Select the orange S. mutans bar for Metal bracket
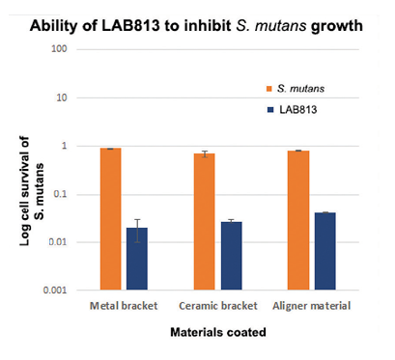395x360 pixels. pos(111,219)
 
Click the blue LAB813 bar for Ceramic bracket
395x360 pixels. pos(232,256)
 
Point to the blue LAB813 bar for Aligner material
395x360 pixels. pos(325,251)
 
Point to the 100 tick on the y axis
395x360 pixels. pos(64,49)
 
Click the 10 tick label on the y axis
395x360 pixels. pos(67,97)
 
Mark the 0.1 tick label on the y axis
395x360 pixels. pos(65,194)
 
